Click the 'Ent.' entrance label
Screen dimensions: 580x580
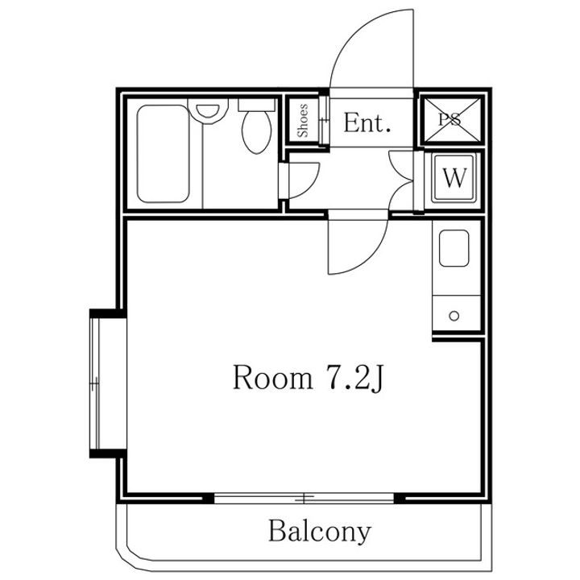coord(367,122)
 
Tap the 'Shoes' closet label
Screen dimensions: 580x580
coord(303,121)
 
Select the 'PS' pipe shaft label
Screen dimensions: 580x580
coord(450,119)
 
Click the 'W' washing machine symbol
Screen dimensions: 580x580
coord(454,177)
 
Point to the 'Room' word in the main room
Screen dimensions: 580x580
coord(272,377)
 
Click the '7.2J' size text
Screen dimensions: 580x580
coord(353,378)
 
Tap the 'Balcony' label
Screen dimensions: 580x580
coord(319,531)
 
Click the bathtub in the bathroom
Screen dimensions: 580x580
coord(163,154)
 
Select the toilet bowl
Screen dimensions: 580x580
coord(256,131)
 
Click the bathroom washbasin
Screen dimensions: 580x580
coord(208,111)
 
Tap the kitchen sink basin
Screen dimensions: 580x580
coord(454,248)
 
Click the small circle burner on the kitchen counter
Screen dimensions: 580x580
coord(454,316)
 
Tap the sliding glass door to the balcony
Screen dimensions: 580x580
coord(304,498)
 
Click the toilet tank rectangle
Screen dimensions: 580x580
coord(256,105)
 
